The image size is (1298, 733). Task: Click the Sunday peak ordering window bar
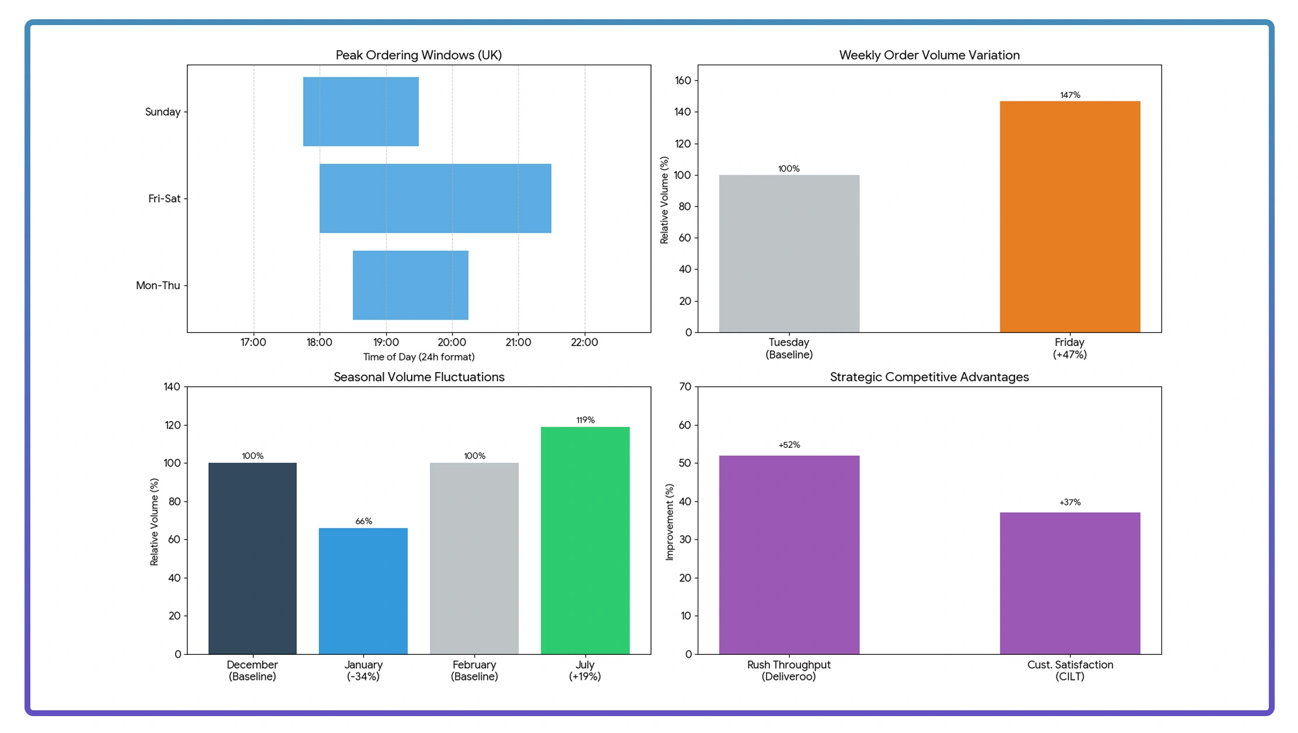point(361,111)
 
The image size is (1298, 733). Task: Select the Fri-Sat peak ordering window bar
point(435,198)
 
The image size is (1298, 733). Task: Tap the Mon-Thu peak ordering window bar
point(410,285)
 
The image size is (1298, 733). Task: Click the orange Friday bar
point(1069,216)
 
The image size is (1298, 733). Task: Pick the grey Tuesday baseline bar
point(789,254)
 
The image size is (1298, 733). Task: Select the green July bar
point(585,540)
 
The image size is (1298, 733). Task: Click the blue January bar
point(363,591)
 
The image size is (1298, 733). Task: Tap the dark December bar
point(252,558)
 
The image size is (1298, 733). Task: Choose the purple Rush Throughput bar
point(789,555)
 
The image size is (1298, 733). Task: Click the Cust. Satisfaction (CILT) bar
point(1069,583)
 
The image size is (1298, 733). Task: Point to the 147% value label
point(1069,95)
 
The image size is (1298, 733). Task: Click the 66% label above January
point(363,521)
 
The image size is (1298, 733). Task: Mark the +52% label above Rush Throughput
point(789,445)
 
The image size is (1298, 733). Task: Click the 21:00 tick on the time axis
point(518,342)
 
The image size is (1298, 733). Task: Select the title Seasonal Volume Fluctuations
point(419,377)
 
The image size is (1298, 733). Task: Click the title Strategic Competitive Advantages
point(929,377)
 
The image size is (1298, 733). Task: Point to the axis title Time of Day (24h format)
point(419,357)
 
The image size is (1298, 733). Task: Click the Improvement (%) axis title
point(669,522)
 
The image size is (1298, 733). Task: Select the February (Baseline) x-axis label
point(474,671)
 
